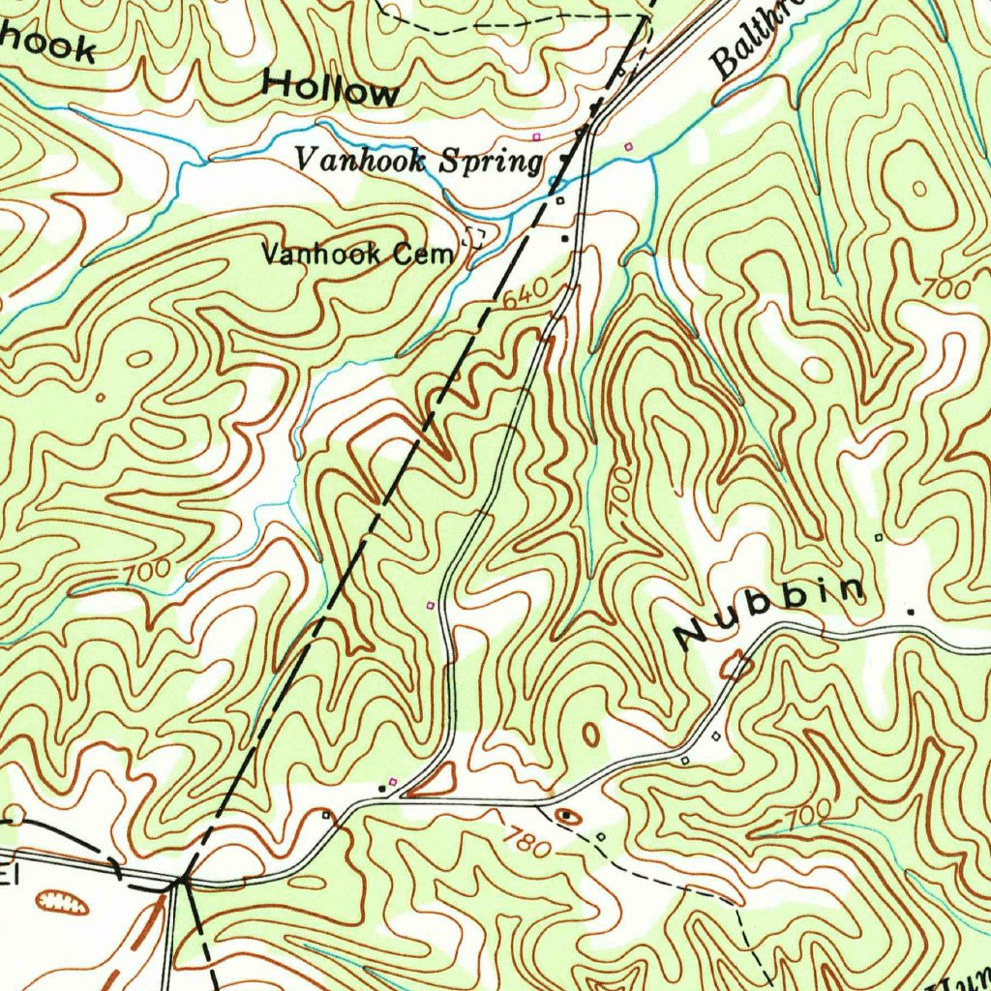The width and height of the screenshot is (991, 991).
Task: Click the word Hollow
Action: click(330, 90)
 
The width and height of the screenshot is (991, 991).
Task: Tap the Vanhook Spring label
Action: click(418, 161)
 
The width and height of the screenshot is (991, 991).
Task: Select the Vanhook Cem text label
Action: click(358, 255)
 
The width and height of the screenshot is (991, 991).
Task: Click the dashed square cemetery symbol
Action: click(475, 235)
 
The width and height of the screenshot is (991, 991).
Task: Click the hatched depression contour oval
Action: click(61, 903)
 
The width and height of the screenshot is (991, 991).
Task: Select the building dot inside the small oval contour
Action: click(568, 816)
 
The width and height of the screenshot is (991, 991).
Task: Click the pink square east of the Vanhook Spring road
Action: click(629, 146)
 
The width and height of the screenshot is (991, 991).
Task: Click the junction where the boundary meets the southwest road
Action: click(182, 881)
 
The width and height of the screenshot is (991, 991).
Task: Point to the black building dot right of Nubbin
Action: click(910, 612)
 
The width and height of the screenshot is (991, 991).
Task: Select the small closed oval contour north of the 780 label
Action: click(589, 734)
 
